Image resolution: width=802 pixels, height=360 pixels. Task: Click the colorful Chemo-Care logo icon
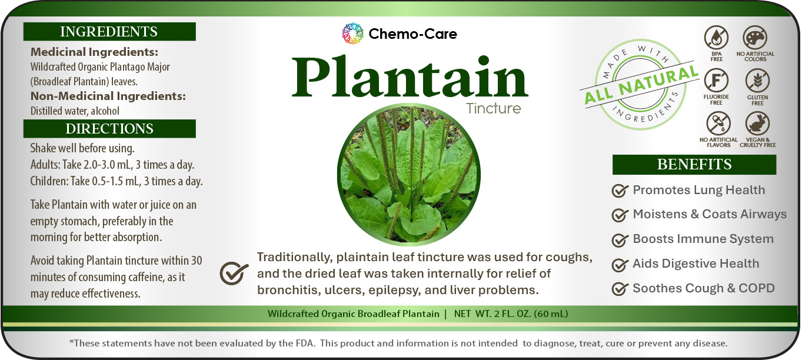(x=352, y=34)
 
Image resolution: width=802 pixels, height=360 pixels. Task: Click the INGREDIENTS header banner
(x=109, y=32)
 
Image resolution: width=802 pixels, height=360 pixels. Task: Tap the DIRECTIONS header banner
(x=109, y=128)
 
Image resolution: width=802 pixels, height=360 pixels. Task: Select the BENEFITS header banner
(x=694, y=165)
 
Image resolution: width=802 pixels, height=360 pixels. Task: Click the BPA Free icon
(x=717, y=37)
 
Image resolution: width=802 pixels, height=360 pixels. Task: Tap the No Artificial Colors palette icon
(x=755, y=37)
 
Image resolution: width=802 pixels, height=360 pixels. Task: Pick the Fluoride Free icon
(x=717, y=81)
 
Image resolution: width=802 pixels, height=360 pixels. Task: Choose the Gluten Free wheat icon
(x=758, y=81)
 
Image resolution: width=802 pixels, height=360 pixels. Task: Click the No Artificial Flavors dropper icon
(x=718, y=124)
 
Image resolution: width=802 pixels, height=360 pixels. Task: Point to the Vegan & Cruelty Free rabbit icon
(x=758, y=124)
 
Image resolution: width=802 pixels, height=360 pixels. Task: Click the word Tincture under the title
(x=493, y=108)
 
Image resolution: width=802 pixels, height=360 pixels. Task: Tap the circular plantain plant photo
(x=409, y=175)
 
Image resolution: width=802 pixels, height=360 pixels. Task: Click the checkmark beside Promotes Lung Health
(x=620, y=191)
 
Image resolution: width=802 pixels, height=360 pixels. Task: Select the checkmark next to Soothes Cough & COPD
(x=620, y=289)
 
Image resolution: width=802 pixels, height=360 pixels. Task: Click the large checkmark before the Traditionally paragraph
(x=234, y=274)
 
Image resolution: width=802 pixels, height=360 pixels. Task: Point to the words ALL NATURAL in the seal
(x=641, y=85)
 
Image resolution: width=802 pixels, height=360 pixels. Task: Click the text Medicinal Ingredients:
(x=94, y=52)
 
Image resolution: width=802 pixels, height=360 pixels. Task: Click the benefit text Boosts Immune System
(x=703, y=239)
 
